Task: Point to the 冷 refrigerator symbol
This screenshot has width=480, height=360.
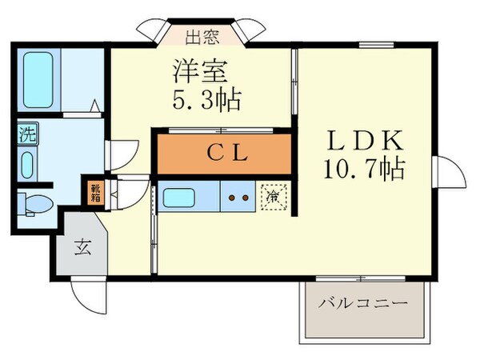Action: pyautogui.click(x=273, y=195)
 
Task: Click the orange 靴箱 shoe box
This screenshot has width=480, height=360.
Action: pyautogui.click(x=95, y=192)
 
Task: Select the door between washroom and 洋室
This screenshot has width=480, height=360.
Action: pyautogui.click(x=122, y=152)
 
